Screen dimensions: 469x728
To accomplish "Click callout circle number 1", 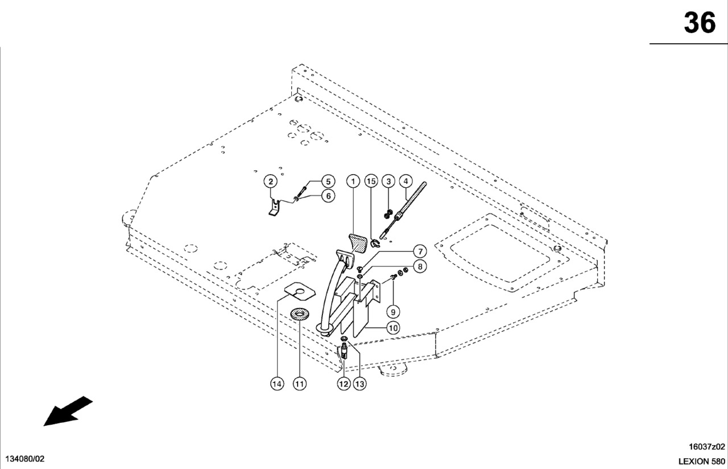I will [353, 182].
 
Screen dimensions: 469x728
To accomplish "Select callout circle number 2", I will [271, 182].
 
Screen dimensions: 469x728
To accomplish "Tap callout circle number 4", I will [406, 182].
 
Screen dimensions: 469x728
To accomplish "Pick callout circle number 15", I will [371, 182].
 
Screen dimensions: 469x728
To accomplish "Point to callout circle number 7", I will [419, 251].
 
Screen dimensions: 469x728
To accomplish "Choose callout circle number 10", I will [392, 327].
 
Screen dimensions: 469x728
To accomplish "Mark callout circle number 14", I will [276, 384].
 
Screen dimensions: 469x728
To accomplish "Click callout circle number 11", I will [299, 384].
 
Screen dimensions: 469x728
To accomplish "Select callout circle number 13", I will [359, 384].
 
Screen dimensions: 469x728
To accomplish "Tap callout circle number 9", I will [392, 311].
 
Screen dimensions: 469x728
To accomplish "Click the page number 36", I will [699, 23].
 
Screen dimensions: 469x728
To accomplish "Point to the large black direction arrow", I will [68, 411].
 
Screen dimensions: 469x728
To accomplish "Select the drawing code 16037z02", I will [707, 447].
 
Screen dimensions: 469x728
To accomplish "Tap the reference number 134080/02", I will [24, 459].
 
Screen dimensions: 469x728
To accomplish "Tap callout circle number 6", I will [328, 196].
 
